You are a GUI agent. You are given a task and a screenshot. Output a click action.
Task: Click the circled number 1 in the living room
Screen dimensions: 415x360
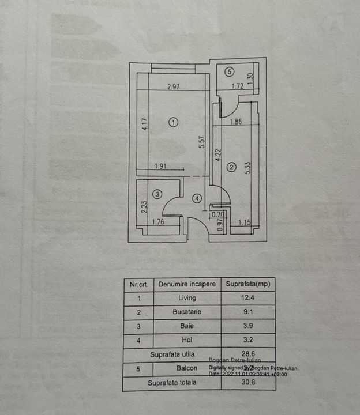point(174,122)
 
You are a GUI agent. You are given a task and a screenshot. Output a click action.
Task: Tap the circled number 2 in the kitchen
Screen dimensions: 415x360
point(231,167)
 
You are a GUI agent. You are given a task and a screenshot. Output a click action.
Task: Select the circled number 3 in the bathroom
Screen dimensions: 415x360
point(157,194)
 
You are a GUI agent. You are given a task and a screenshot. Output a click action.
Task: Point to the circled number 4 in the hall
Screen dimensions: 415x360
point(197,198)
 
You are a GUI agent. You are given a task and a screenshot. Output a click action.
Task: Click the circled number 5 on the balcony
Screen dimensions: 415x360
point(230,72)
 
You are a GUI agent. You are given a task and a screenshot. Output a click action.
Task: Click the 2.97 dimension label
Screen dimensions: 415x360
point(174,87)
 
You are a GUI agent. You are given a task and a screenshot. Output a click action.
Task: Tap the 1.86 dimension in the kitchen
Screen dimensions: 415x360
point(235,122)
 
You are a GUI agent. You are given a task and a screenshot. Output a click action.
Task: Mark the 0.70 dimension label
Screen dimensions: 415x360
point(217,216)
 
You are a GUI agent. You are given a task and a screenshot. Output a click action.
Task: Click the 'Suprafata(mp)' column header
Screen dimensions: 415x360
point(247,284)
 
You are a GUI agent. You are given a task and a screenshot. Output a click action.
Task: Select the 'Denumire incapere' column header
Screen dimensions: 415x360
point(187,284)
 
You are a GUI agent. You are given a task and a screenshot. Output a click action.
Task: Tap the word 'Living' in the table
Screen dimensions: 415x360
point(187,298)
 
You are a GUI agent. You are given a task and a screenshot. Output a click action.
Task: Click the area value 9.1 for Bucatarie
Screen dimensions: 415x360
point(247,312)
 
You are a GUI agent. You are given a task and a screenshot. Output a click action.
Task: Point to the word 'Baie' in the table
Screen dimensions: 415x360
point(187,326)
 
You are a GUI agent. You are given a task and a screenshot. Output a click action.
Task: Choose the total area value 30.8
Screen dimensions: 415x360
point(247,382)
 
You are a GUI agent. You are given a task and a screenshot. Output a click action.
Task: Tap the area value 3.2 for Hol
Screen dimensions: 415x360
point(247,340)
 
